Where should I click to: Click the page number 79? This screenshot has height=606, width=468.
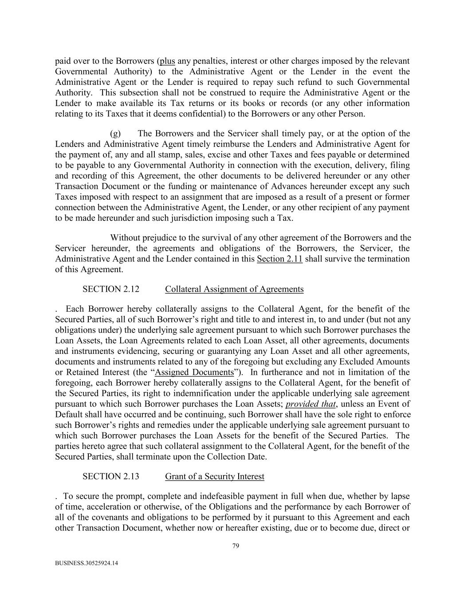point(236,546)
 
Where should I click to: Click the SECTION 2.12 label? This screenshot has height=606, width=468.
point(110,289)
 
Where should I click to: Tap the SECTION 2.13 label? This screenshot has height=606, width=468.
point(110,476)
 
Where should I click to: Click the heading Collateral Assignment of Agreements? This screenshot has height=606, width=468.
point(234,289)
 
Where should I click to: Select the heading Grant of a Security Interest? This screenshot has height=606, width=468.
point(214,476)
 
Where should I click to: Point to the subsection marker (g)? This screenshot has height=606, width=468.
point(115,134)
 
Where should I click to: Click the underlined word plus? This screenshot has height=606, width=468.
point(167,61)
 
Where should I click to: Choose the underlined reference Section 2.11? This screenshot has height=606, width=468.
point(279,259)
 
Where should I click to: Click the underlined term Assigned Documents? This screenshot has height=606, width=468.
point(194,372)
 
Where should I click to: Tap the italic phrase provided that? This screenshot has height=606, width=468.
point(311,404)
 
